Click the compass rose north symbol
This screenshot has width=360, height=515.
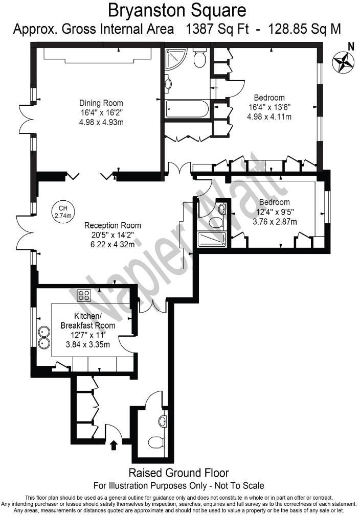[x=343, y=61]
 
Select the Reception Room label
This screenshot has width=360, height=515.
[x=112, y=225]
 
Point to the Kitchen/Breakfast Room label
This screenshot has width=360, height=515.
[x=87, y=320]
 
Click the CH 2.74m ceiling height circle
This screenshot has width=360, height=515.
[x=63, y=212]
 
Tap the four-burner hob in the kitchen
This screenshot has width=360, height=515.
[x=83, y=295]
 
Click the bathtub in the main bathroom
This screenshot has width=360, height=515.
[x=187, y=109]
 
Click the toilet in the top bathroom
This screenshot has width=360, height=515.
[x=199, y=58]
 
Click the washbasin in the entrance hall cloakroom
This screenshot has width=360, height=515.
[x=162, y=422]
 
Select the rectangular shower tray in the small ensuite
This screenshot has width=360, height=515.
[x=211, y=240]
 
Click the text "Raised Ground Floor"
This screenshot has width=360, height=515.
[x=178, y=473]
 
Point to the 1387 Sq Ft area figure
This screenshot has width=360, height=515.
[x=217, y=29]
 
